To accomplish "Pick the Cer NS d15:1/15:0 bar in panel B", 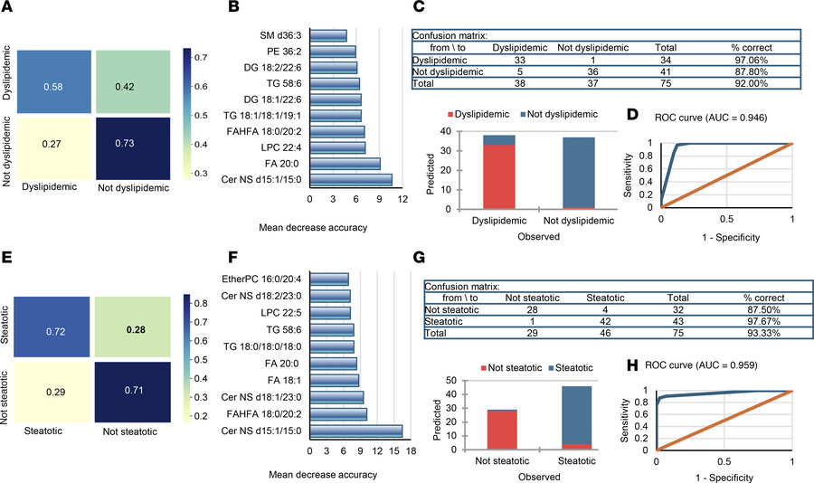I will click(x=351, y=180).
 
